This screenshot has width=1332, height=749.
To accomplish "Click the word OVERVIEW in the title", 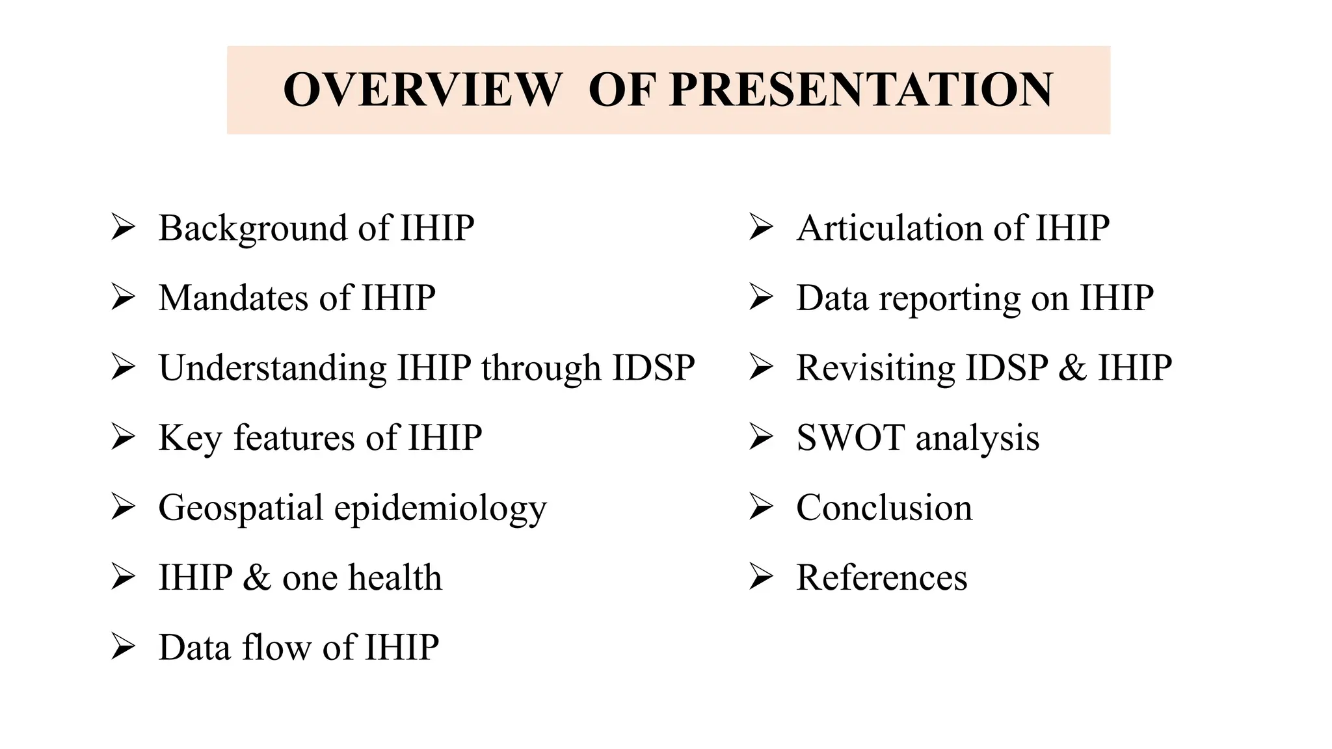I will pos(422,90).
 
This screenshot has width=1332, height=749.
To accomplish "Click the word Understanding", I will pos(273,368).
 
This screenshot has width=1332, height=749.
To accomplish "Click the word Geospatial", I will pos(241,507).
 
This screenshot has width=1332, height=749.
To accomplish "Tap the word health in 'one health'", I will pos(395,577).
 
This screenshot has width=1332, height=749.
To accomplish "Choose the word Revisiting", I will pos(875,368).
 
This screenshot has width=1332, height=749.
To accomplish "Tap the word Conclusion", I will pos(884,507).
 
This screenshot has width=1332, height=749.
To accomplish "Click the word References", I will pos(881,577).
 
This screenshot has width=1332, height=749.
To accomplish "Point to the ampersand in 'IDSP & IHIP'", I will pos(1072,368).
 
